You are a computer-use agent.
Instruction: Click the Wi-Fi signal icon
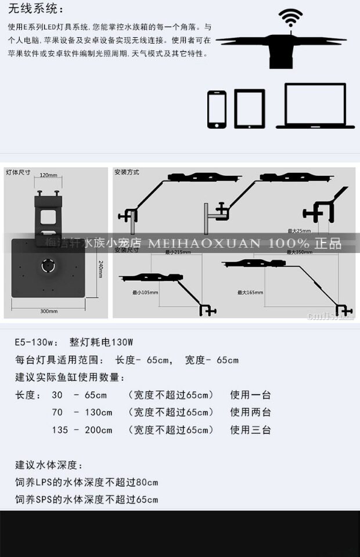(290, 19)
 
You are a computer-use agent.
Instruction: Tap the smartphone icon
(217, 109)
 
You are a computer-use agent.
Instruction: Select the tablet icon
(249, 108)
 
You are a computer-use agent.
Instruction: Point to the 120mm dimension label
(48, 175)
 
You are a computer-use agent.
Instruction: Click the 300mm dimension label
(49, 312)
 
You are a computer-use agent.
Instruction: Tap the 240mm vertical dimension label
(100, 273)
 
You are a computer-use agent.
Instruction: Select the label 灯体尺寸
(18, 172)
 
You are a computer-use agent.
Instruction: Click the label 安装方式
(127, 172)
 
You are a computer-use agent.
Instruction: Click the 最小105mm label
(145, 292)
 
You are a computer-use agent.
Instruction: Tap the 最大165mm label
(250, 292)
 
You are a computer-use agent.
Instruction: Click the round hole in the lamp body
(46, 266)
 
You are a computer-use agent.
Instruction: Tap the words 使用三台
(250, 430)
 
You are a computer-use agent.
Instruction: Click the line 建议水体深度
(49, 465)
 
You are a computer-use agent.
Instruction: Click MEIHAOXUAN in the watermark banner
(204, 243)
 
